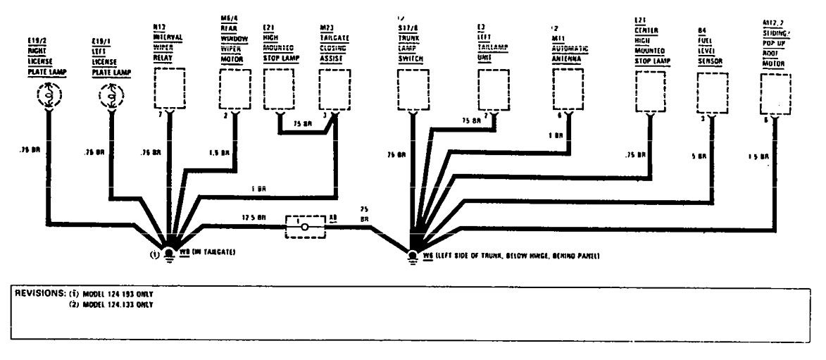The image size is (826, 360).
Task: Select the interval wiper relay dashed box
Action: coord(168,89)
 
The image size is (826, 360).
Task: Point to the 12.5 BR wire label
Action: coord(255,218)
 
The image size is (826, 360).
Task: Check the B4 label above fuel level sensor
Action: coord(701,30)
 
